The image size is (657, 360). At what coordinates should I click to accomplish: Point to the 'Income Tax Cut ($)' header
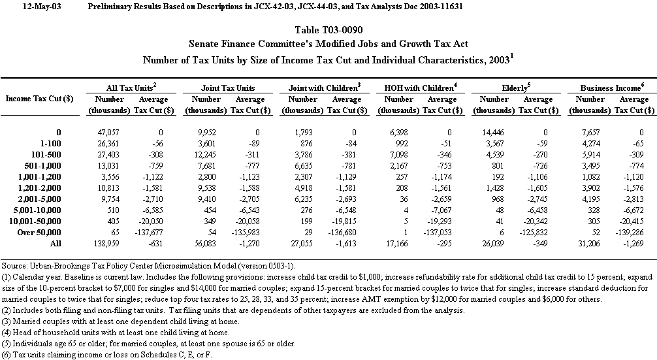[39, 99]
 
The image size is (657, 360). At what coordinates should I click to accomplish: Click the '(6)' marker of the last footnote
[7, 354]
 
